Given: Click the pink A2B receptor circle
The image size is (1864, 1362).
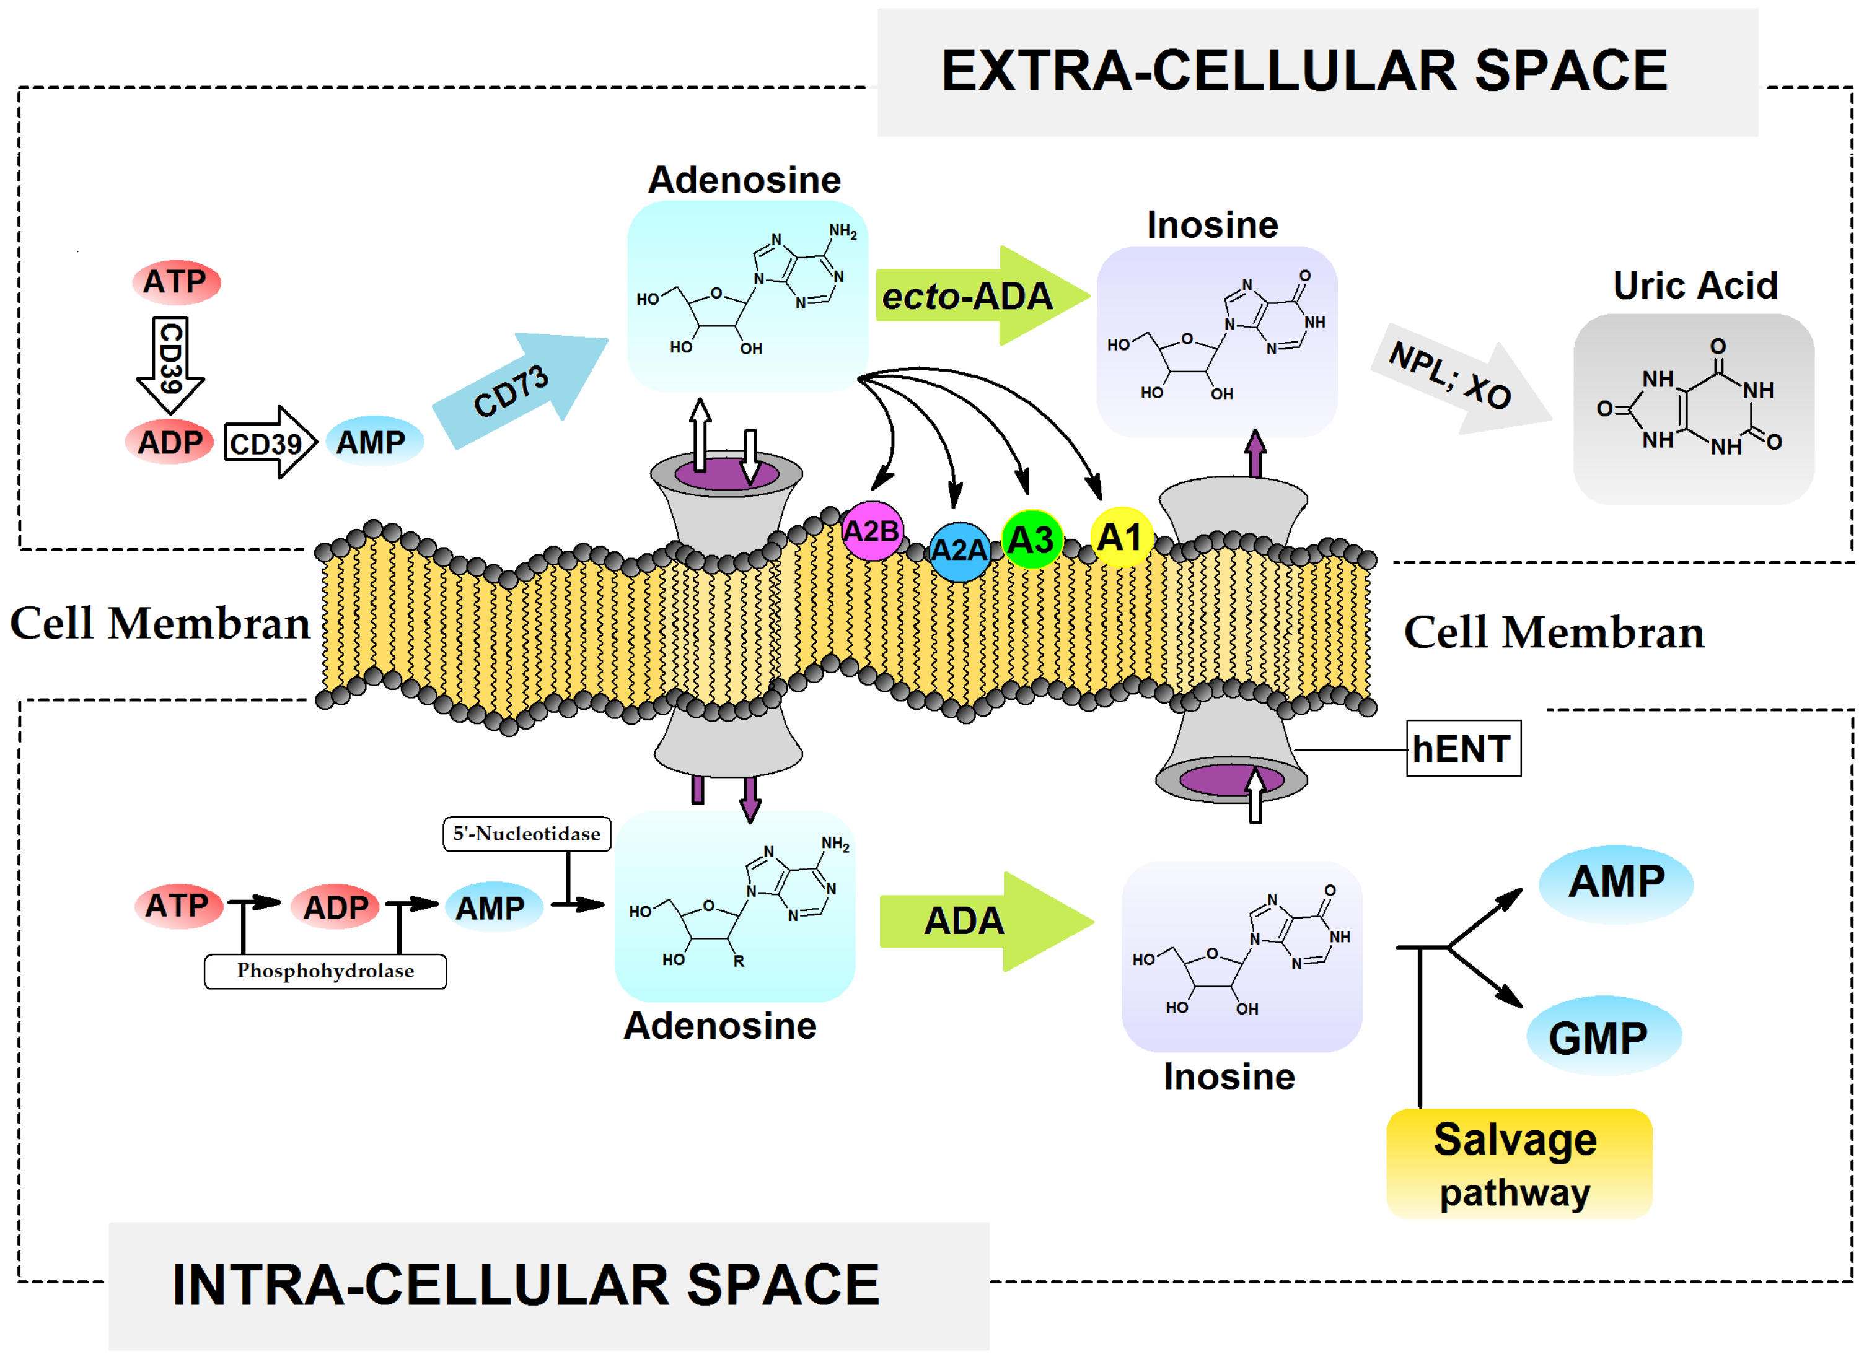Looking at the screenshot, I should click(x=872, y=531).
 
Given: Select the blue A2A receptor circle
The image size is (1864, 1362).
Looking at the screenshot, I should click(x=959, y=551).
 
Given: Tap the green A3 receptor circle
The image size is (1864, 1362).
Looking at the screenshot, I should click(x=1031, y=540).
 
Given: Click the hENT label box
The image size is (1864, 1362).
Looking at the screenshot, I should click(x=1463, y=749).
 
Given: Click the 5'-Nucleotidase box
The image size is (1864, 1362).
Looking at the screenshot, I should click(x=526, y=834).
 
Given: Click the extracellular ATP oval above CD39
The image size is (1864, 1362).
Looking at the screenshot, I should click(x=175, y=282).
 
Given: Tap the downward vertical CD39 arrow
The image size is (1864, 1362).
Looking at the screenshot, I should click(x=170, y=363).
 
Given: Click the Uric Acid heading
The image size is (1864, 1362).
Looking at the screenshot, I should click(x=1695, y=286).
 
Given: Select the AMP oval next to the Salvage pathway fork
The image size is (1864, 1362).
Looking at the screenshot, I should click(x=1615, y=882).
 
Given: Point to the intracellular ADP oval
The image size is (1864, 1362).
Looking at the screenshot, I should click(x=335, y=907).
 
